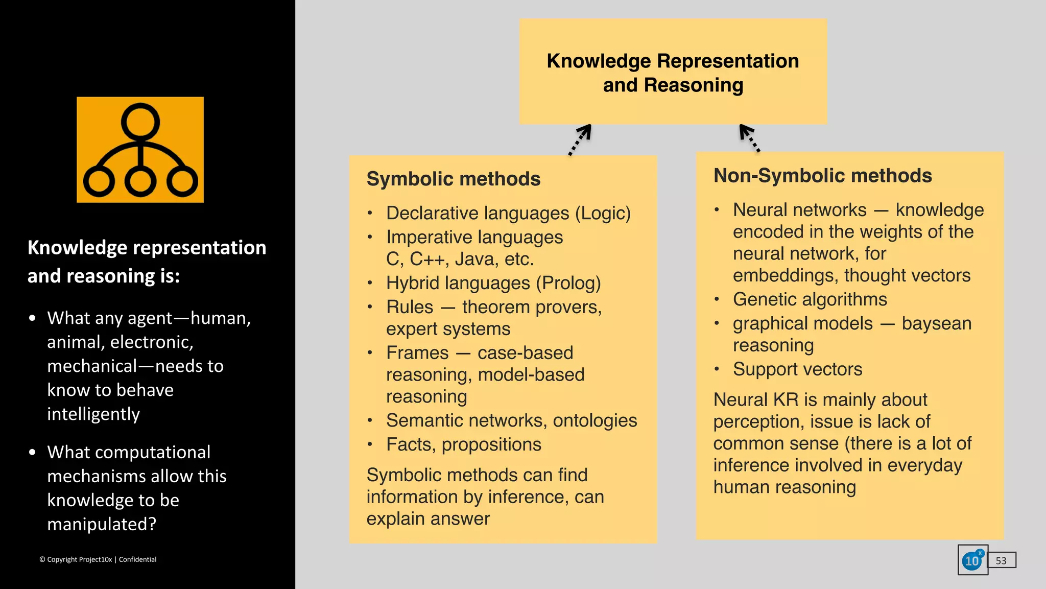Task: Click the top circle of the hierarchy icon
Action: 140,122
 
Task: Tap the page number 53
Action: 1001,560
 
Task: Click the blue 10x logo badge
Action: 972,560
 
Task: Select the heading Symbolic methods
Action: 453,179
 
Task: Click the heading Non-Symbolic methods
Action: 822,176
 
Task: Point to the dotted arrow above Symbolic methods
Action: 581,139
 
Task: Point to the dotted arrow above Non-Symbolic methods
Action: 749,138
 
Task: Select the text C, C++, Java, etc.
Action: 460,259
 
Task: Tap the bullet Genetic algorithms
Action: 810,299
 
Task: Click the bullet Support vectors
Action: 797,369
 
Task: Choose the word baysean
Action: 936,323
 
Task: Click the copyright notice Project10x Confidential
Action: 98,559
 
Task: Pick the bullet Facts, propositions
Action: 463,444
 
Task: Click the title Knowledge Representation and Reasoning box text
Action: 673,73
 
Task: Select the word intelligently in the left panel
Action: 93,414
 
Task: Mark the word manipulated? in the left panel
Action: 102,524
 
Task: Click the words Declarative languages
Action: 478,213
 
